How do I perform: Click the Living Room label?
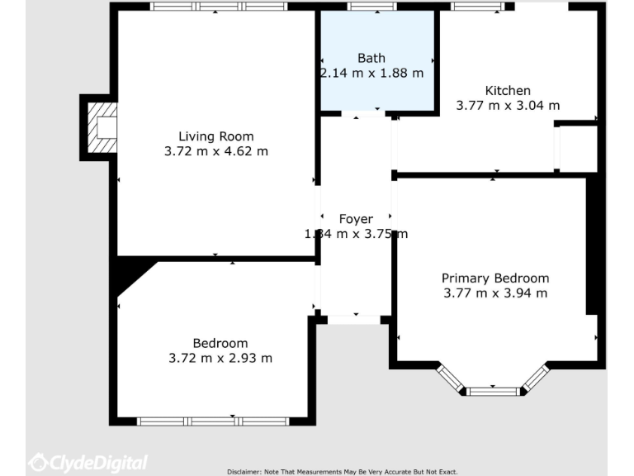click(216, 136)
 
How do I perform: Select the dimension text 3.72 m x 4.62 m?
click(216, 151)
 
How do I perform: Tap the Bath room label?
click(371, 58)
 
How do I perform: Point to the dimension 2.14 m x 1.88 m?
click(371, 73)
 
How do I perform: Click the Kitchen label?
click(508, 90)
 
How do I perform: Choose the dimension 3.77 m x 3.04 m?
click(508, 105)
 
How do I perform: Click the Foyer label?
click(356, 219)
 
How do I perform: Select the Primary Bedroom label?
click(494, 278)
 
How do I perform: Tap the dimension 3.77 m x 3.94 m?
click(494, 293)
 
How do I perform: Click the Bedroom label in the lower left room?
click(220, 343)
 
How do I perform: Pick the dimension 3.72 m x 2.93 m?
click(220, 358)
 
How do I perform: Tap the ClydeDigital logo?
click(88, 463)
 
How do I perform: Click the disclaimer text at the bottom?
click(342, 471)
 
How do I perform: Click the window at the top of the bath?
click(371, 7)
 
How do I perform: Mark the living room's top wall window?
click(218, 7)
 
